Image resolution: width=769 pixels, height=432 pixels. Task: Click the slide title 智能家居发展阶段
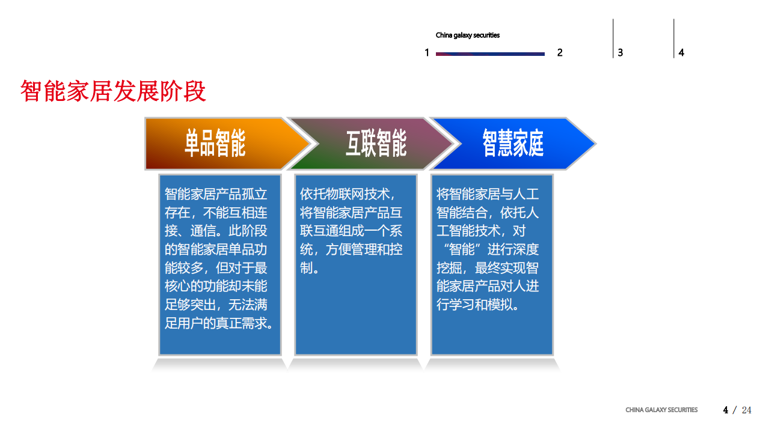click(113, 91)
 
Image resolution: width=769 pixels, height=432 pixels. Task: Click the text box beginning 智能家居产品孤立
click(219, 264)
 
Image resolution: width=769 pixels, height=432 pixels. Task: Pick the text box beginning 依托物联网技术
click(355, 264)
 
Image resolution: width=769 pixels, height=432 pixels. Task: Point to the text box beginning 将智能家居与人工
click(492, 264)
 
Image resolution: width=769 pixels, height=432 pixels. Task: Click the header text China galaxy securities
click(467, 35)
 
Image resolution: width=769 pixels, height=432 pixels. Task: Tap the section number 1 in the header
click(427, 53)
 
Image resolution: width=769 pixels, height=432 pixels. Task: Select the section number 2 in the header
click(560, 53)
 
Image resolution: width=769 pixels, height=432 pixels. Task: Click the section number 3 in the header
click(620, 53)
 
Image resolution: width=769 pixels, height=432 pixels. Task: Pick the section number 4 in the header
click(681, 53)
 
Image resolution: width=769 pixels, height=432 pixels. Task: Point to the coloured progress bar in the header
click(490, 54)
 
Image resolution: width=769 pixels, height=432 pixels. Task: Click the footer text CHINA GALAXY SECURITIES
click(661, 410)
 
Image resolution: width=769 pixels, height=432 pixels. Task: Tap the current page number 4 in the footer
click(726, 410)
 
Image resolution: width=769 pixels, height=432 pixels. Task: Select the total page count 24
click(746, 410)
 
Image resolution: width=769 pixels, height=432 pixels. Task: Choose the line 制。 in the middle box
click(310, 268)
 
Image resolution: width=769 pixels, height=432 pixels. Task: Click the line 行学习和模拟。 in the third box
click(478, 305)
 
